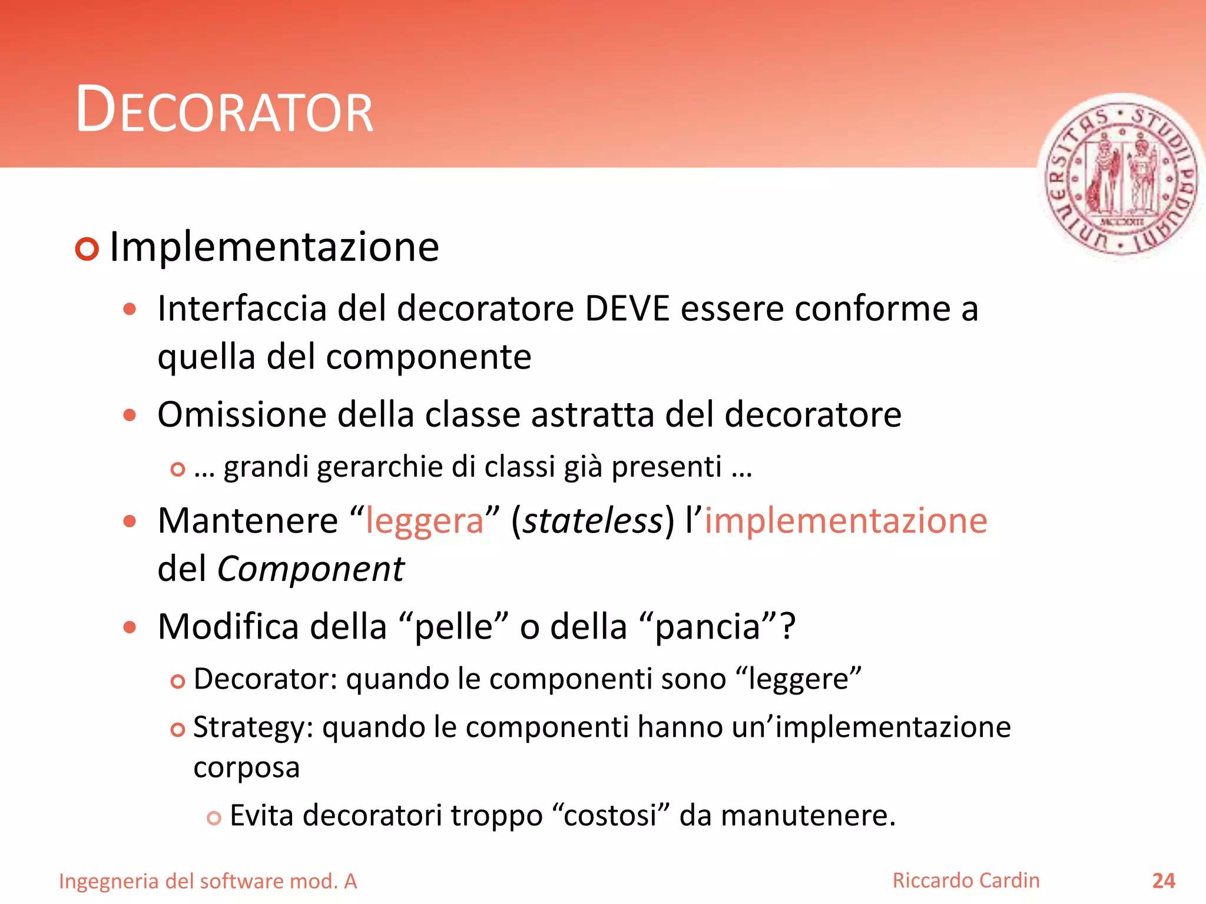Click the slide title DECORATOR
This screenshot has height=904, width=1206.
224,110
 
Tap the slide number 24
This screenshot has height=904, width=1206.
1163,880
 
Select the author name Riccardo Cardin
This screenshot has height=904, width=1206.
966,880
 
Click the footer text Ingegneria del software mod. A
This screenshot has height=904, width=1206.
208,881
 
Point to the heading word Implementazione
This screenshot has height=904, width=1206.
274,247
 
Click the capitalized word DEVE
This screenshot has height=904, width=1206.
628,308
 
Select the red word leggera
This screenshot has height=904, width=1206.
425,521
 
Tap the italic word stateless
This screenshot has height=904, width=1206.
592,521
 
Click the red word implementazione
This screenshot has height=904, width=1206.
846,521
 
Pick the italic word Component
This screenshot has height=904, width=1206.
311,569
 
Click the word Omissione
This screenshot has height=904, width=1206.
242,414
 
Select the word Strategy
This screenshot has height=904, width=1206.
253,727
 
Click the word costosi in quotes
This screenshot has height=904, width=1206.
610,816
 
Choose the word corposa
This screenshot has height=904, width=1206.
247,767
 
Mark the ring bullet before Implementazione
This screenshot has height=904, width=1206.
87,249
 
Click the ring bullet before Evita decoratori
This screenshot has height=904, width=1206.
214,818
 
